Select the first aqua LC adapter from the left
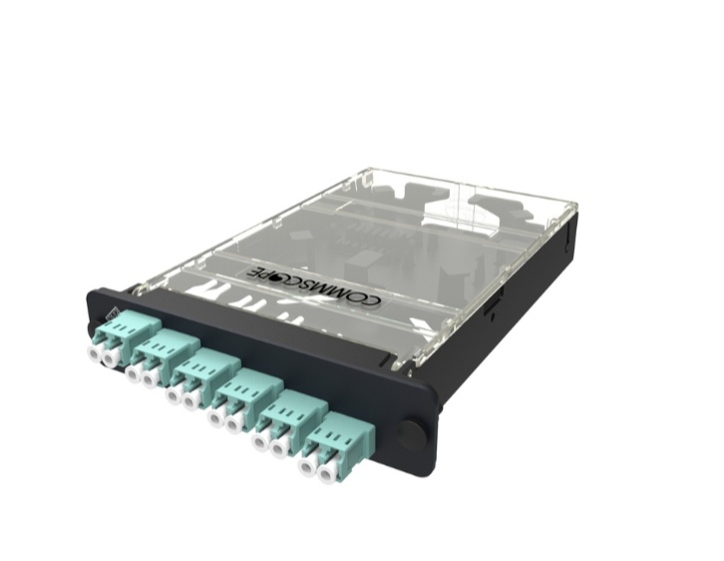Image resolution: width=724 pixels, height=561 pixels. tap(113, 338)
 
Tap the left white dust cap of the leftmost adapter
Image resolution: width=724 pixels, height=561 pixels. tap(96, 354)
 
